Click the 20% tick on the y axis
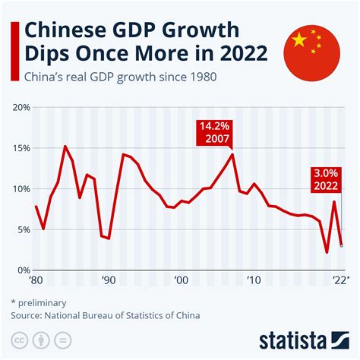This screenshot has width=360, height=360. pyautogui.click(x=21, y=108)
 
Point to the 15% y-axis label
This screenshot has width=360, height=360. pyautogui.click(x=21, y=148)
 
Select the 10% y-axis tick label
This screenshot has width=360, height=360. pyautogui.click(x=21, y=188)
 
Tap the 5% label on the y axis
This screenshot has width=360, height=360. pyautogui.click(x=23, y=229)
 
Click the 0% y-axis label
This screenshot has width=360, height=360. pyautogui.click(x=23, y=270)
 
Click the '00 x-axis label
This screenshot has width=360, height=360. pyautogui.click(x=180, y=281)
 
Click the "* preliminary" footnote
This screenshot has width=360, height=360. pyautogui.click(x=38, y=301)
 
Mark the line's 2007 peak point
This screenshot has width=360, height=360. pyautogui.click(x=232, y=155)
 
